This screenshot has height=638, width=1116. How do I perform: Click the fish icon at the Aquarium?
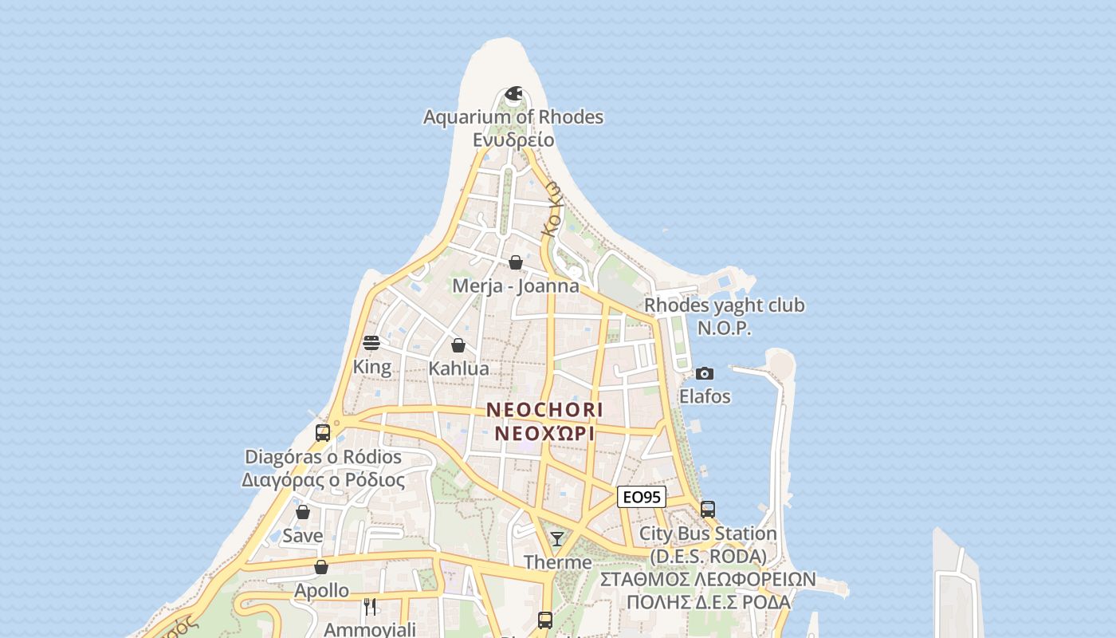point(513,94)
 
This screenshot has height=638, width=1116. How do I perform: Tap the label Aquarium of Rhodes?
point(513,117)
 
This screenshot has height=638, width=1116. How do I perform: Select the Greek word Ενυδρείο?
point(513,140)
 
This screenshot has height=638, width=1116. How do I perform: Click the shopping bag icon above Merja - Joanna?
point(516,262)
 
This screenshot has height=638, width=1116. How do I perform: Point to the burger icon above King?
point(371,343)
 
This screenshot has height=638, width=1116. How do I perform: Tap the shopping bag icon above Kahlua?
point(458,345)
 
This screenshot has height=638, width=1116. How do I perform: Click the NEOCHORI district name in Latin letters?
point(545,410)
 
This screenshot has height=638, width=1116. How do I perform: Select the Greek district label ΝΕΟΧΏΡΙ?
point(545,433)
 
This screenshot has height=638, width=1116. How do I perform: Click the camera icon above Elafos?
point(705,373)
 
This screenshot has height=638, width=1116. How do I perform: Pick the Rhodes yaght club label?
point(725,305)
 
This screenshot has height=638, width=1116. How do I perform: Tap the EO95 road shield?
point(642,497)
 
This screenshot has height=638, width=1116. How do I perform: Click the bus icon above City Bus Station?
point(708,509)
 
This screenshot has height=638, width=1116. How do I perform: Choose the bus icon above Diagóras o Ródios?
point(323,433)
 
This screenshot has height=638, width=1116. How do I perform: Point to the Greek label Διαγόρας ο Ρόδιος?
point(323,480)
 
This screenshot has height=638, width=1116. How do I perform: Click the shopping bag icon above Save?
point(303,512)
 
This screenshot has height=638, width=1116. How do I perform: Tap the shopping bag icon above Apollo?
point(321,567)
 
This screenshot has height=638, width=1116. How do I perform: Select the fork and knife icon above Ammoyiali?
point(370,606)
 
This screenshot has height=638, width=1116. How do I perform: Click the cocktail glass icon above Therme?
point(557,539)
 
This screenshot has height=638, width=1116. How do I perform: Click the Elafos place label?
point(705,396)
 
